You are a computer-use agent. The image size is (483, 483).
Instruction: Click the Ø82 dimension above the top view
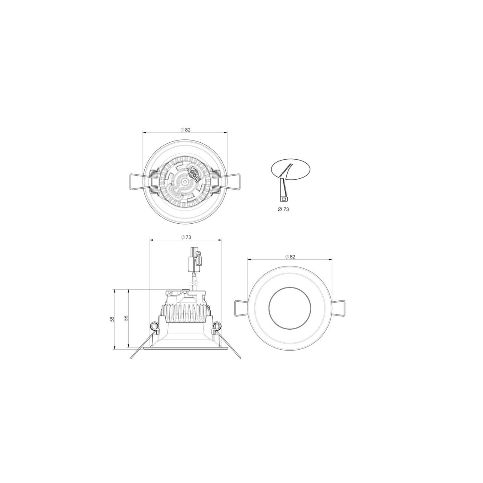point(186,130)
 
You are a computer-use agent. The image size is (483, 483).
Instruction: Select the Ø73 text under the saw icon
point(283,210)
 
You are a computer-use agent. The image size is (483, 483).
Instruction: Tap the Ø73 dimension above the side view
point(186,237)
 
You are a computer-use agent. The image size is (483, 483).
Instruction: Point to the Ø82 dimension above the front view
point(290,257)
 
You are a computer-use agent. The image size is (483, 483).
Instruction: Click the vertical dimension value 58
point(112,319)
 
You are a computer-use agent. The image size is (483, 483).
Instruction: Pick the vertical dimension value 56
point(125,318)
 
